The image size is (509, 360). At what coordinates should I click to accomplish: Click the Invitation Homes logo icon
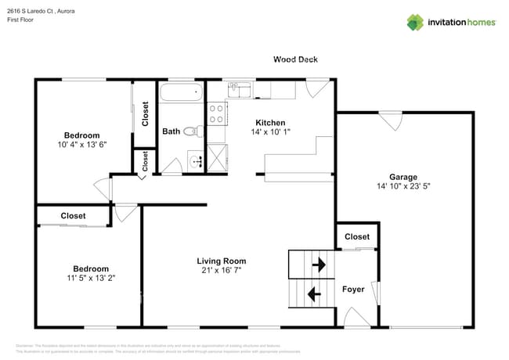[x=415, y=22]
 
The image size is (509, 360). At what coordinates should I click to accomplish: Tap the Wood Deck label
[x=295, y=59]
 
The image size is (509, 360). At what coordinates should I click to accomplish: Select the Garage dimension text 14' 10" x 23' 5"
[x=403, y=187]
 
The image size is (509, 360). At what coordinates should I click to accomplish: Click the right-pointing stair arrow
[x=318, y=265]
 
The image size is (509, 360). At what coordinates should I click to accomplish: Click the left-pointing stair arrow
[x=314, y=294]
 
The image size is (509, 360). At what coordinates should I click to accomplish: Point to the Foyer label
[x=353, y=290]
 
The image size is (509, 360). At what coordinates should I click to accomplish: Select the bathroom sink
[x=193, y=163]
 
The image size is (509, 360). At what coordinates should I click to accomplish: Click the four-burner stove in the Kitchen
[x=216, y=113]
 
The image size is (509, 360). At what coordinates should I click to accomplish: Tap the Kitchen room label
[x=269, y=123]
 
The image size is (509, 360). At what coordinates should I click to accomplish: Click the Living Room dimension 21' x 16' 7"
[x=221, y=271]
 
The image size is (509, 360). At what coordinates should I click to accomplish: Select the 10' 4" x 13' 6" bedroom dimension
[x=81, y=144]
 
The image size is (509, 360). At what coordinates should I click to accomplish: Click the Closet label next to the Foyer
[x=357, y=236]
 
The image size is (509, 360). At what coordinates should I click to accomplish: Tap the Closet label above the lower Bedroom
[x=73, y=216]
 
